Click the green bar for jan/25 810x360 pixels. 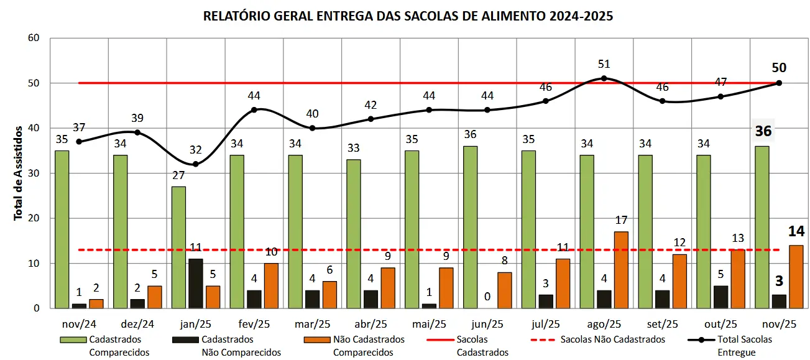[x=178, y=247]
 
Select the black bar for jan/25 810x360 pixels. [x=196, y=283]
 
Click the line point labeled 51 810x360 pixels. [x=604, y=78]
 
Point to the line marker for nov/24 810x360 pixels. [x=79, y=142]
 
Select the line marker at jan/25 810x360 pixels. [x=196, y=164]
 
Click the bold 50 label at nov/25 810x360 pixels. [x=779, y=68]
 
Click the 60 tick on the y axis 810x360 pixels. [x=34, y=39]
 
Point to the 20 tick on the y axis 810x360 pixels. [x=34, y=218]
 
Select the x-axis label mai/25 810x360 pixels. [x=429, y=324]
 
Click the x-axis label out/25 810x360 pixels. [x=721, y=324]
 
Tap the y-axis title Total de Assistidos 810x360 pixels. [x=19, y=173]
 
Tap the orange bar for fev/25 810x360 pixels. [x=272, y=285]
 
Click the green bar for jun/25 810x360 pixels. [x=471, y=227]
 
